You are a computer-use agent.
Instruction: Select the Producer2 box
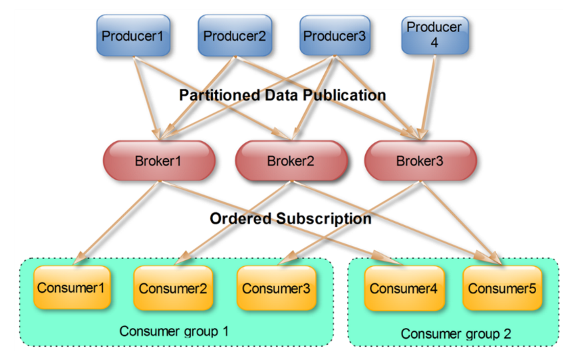[x=234, y=35]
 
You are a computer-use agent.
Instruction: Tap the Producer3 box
[x=335, y=35]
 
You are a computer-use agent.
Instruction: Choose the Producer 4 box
[x=434, y=35]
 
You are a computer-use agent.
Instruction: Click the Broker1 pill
[x=158, y=160]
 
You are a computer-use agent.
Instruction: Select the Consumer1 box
[x=71, y=287]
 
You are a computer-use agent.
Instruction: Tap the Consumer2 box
[x=172, y=288]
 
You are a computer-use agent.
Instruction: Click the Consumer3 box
[x=275, y=288]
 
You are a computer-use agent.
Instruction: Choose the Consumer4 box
[x=404, y=288]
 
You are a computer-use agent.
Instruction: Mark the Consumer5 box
[x=502, y=288]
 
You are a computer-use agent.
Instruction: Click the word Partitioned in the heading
[x=219, y=95]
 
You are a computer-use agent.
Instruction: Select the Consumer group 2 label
[x=456, y=334]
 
